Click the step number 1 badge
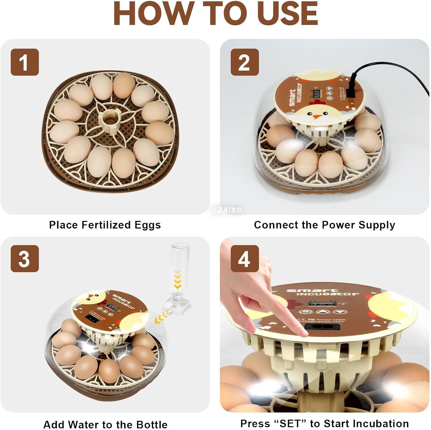coord(25,62)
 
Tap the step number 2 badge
coord(245,62)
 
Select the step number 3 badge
coord(25,259)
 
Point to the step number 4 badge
coord(245,259)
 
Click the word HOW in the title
coord(152,14)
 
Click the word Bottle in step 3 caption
coord(152,424)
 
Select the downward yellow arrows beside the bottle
coord(178,279)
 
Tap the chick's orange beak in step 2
coord(317,117)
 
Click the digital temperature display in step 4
coord(322,304)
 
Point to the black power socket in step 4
coord(322,326)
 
